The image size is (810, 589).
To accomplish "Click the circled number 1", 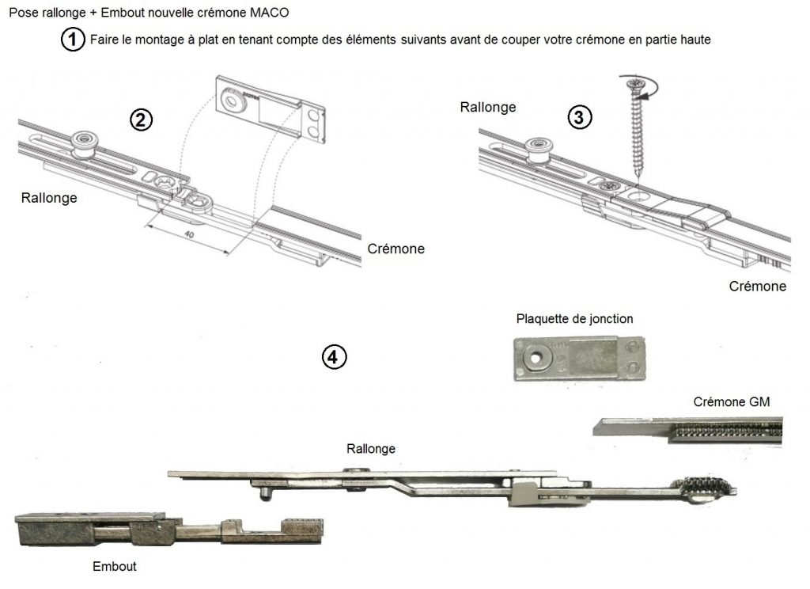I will click(x=73, y=40).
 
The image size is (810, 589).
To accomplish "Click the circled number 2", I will click(x=140, y=120).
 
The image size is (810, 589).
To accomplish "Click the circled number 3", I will click(x=580, y=117).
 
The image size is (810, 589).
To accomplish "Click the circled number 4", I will click(x=334, y=357).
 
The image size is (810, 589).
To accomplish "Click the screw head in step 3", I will click(x=633, y=82).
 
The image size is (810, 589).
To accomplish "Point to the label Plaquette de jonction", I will click(x=574, y=319).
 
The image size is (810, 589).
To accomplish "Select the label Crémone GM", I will click(x=732, y=402).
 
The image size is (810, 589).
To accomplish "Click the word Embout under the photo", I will click(x=115, y=566).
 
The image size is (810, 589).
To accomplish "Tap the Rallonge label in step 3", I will click(x=488, y=107).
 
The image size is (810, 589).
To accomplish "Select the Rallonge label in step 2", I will click(x=49, y=198).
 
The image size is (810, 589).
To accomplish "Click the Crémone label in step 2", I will click(x=396, y=249).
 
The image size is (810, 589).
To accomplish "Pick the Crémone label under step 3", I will click(x=757, y=286).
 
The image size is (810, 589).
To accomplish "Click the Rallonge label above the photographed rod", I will click(x=371, y=449).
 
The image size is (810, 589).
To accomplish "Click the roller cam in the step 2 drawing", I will click(x=82, y=142).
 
